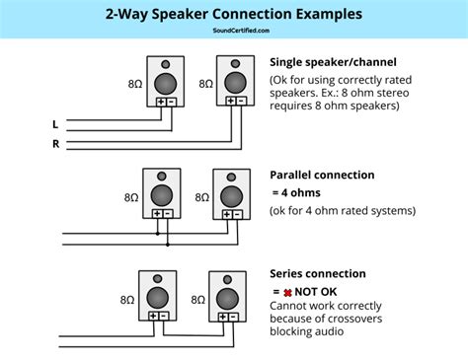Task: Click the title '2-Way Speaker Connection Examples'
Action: (233, 15)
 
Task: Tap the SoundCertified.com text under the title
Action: (233, 31)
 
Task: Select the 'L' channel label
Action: (55, 124)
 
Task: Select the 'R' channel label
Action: (55, 143)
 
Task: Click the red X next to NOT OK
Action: (287, 291)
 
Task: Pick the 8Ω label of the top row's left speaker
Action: (135, 85)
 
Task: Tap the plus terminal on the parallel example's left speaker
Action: (155, 212)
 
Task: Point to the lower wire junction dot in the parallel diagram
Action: (168, 244)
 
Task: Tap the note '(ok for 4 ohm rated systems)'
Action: (343, 210)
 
